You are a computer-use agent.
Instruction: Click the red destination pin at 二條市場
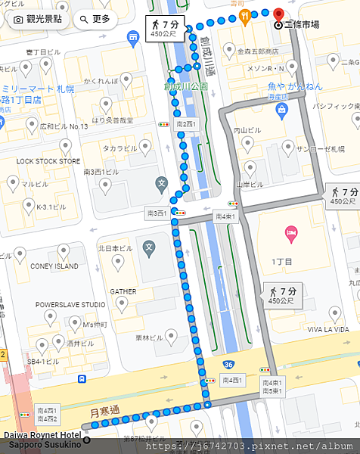pos(278,14)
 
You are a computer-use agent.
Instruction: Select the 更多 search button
pos(95,18)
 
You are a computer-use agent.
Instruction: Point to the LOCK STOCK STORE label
pos(48,161)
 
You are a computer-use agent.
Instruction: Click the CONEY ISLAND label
pos(54,266)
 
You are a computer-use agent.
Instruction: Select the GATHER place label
pos(123,291)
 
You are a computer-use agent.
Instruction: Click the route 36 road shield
pos(228,364)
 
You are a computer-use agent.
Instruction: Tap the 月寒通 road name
pos(105,412)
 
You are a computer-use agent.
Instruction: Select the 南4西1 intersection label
pos(225,217)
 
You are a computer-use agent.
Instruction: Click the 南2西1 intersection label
pos(185,123)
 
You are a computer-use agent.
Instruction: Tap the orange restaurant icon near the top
pos(244,14)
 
